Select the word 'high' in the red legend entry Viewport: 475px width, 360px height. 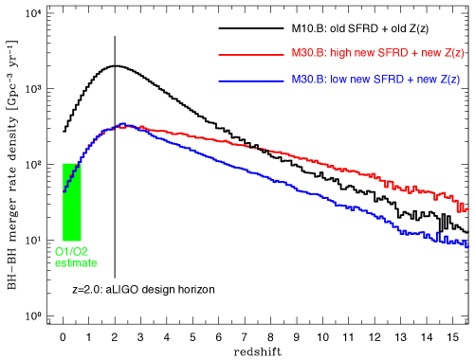click(x=343, y=54)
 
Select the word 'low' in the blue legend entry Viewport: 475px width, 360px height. click(x=340, y=81)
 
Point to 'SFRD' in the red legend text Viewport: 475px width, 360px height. click(x=395, y=54)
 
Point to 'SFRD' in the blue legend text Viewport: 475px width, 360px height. click(x=391, y=81)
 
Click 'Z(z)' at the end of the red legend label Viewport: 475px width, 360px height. click(x=452, y=54)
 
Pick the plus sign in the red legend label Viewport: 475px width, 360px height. click(x=416, y=54)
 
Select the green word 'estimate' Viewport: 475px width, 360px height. click(x=75, y=262)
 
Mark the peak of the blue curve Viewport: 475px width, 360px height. click(x=122, y=124)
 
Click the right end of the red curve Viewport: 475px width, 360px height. click(x=466, y=207)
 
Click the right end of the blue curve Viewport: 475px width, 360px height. click(x=466, y=246)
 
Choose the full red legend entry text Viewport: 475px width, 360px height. click(x=378, y=54)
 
